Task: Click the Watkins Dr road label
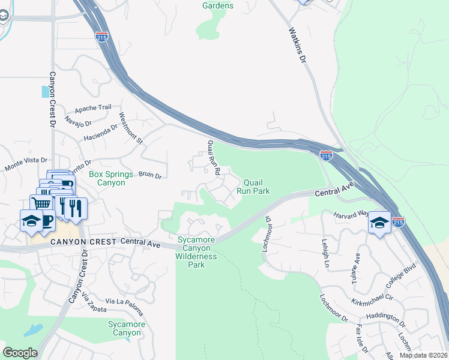(297, 46)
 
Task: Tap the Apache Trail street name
(93, 109)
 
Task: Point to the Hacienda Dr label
(101, 131)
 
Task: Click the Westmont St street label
(131, 128)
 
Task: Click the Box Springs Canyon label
(107, 178)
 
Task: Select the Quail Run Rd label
(214, 158)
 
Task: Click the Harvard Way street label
(351, 214)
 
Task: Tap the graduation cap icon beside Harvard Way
(379, 223)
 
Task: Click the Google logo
(20, 352)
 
